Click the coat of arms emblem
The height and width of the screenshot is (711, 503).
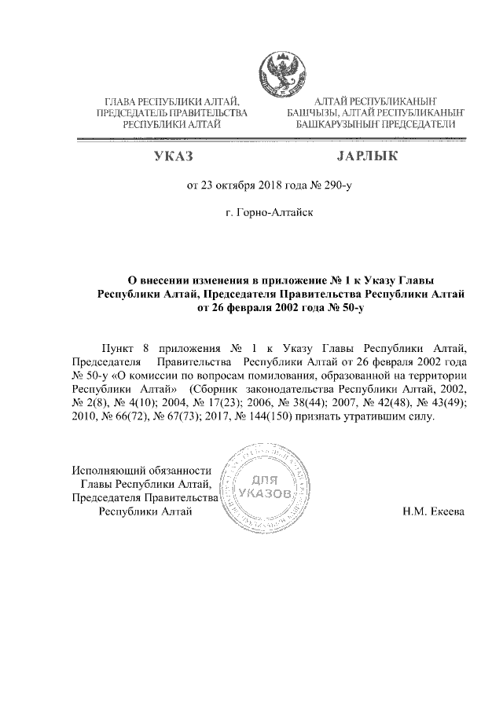279,71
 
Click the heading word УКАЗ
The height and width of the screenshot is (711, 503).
174,158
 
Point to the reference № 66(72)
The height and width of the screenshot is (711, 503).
119,416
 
